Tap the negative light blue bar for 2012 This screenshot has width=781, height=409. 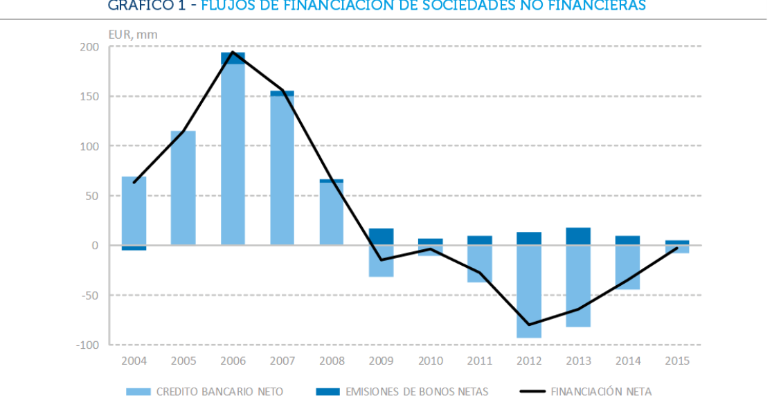click(x=529, y=291)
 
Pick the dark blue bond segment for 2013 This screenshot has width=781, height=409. click(x=578, y=236)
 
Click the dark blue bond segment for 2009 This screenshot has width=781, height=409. click(x=381, y=237)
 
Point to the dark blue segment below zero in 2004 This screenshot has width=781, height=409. click(x=134, y=248)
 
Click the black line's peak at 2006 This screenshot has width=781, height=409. click(x=233, y=52)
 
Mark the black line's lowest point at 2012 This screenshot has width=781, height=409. click(x=529, y=325)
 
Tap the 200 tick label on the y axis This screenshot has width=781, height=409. click(x=93, y=47)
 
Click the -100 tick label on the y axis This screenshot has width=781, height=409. click(x=91, y=345)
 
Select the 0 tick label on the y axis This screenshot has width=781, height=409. click(x=98, y=246)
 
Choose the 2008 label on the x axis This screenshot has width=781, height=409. click(x=331, y=361)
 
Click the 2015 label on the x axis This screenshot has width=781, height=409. click(x=676, y=361)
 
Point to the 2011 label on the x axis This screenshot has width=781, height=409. click(x=479, y=361)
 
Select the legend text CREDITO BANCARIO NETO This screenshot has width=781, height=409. click(x=219, y=392)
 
